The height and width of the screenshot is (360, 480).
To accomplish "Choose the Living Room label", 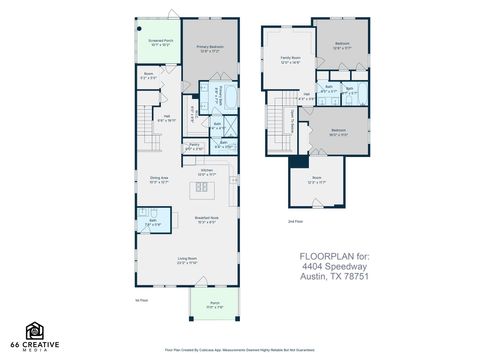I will click(x=190, y=261).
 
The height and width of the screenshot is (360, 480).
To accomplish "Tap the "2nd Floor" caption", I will click(x=294, y=219).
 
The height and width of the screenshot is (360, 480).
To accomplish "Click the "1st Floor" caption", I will click(x=141, y=298).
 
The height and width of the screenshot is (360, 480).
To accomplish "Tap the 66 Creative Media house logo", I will click(x=37, y=331).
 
